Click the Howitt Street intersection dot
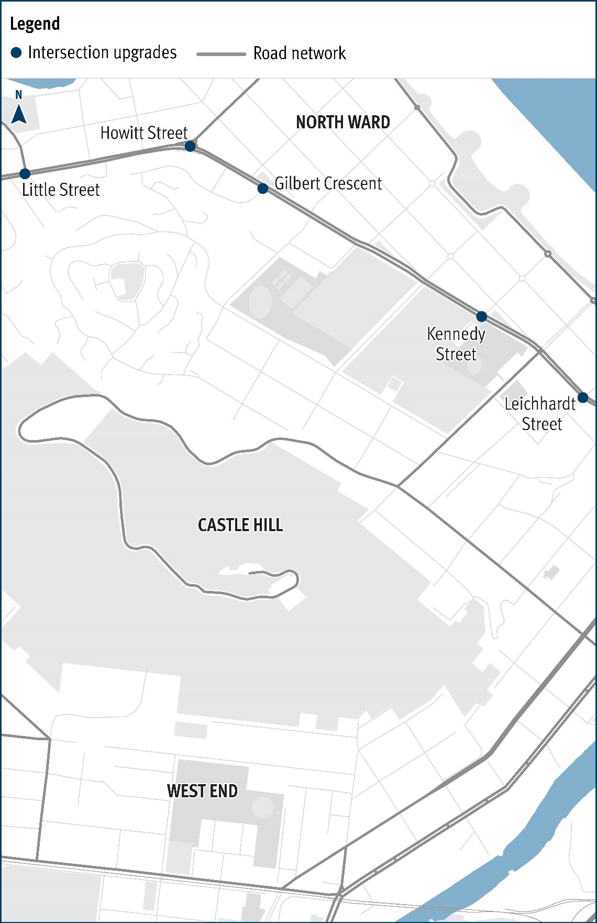[x=190, y=146]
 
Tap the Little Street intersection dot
[x=25, y=173]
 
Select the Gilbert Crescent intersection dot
[x=263, y=189]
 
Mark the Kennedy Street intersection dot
[x=481, y=316]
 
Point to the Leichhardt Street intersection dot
[x=582, y=397]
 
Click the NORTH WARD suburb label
[x=343, y=123]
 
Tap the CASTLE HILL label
[x=240, y=525]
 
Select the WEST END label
[x=202, y=791]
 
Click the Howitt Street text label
[x=144, y=133]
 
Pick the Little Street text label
[x=61, y=190]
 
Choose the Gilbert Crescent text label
[x=328, y=183]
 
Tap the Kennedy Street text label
[x=456, y=344]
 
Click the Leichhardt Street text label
[x=540, y=414]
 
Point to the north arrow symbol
[x=19, y=114]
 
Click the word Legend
[x=35, y=24]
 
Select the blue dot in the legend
[x=16, y=52]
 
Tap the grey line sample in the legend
[x=221, y=54]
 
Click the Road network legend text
[x=300, y=53]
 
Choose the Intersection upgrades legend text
[x=103, y=52]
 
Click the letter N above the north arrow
[x=19, y=95]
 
